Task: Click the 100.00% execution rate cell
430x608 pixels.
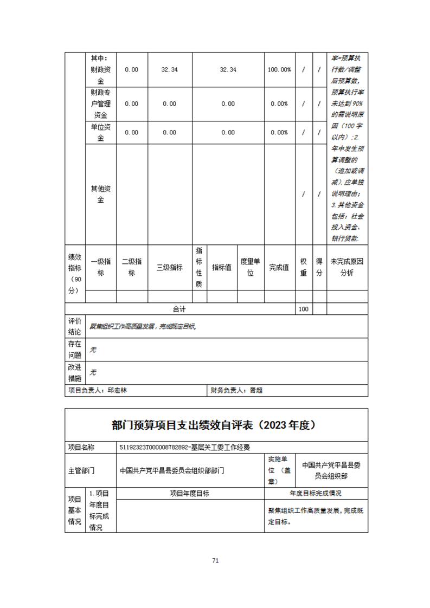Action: pyautogui.click(x=279, y=70)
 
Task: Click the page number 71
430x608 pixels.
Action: pyautogui.click(x=215, y=560)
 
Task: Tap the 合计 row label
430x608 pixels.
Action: pyautogui.click(x=179, y=309)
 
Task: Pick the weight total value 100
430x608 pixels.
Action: pyautogui.click(x=304, y=309)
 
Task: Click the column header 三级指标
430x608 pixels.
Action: pyautogui.click(x=170, y=267)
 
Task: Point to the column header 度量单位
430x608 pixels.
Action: pyautogui.click(x=251, y=267)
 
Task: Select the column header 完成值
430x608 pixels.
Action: pyautogui.click(x=279, y=267)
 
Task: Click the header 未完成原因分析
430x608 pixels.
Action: pyautogui.click(x=347, y=267)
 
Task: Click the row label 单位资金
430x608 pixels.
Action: pyautogui.click(x=101, y=132)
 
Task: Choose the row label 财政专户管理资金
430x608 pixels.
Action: pyautogui.click(x=101, y=104)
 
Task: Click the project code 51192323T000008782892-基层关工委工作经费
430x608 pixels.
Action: pyautogui.click(x=188, y=448)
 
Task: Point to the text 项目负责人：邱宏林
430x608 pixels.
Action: pyautogui.click(x=98, y=390)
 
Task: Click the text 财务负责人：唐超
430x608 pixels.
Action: pyautogui.click(x=236, y=390)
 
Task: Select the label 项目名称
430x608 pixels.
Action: pyautogui.click(x=81, y=448)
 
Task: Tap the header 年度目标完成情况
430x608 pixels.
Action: pyautogui.click(x=316, y=493)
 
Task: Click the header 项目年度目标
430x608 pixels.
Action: pyautogui.click(x=190, y=493)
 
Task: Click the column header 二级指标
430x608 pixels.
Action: pyautogui.click(x=132, y=267)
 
